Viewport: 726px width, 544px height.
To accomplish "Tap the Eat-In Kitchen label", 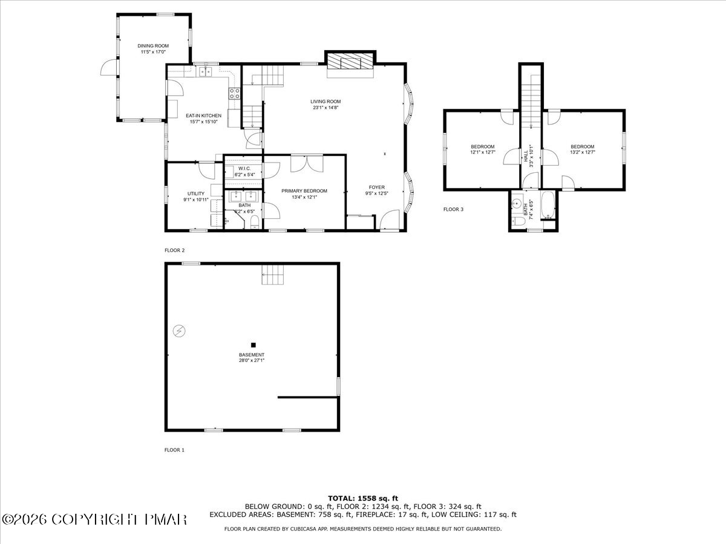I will pyautogui.click(x=203, y=115).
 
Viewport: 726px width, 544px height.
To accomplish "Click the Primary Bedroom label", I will pyautogui.click(x=304, y=190).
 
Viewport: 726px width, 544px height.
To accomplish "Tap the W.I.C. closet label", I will pyautogui.click(x=244, y=169).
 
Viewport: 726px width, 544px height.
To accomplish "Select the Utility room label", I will pyautogui.click(x=195, y=193).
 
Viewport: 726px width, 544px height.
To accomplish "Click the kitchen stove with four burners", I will pyautogui.click(x=234, y=93).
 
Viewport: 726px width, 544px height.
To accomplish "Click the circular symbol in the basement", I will pyautogui.click(x=178, y=330).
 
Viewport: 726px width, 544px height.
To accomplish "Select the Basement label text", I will pyautogui.click(x=252, y=355).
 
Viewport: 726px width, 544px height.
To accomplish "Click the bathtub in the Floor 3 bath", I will pyautogui.click(x=546, y=206).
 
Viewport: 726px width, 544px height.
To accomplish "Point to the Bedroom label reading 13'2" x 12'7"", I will pyautogui.click(x=582, y=146).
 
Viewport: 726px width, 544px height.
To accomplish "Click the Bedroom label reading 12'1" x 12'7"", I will pyautogui.click(x=483, y=146).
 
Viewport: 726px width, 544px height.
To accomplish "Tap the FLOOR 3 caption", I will pyautogui.click(x=453, y=210).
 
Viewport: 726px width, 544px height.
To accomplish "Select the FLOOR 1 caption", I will pyautogui.click(x=174, y=450).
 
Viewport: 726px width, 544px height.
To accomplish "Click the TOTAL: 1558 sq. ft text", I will pyautogui.click(x=362, y=498).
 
